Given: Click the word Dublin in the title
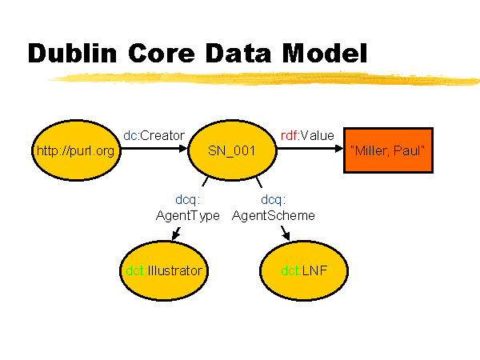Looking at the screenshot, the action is click(72, 53).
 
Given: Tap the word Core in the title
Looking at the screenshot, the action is click(162, 53).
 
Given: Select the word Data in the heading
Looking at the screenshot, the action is click(238, 53).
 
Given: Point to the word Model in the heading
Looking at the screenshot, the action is click(325, 53).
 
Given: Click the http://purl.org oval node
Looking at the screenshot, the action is click(76, 150).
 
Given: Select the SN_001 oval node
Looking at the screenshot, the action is click(232, 150).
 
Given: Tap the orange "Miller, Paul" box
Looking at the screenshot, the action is click(388, 150).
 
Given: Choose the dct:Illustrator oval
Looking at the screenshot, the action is click(164, 271).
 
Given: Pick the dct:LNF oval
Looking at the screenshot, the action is click(304, 271).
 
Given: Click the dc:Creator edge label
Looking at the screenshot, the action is click(154, 135).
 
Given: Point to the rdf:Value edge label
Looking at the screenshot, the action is click(307, 135).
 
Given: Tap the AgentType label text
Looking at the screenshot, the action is click(188, 216).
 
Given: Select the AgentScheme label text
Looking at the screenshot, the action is click(274, 215).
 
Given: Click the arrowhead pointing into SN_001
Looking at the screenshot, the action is click(183, 149).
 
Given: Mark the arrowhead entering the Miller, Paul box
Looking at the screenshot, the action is click(339, 149).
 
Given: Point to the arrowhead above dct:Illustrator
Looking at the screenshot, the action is click(176, 234).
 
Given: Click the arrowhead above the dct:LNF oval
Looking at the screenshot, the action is click(286, 234).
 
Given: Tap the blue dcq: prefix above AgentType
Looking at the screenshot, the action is click(188, 200).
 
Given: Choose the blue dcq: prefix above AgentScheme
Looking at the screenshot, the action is click(274, 200).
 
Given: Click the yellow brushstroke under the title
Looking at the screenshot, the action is click(263, 78).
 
